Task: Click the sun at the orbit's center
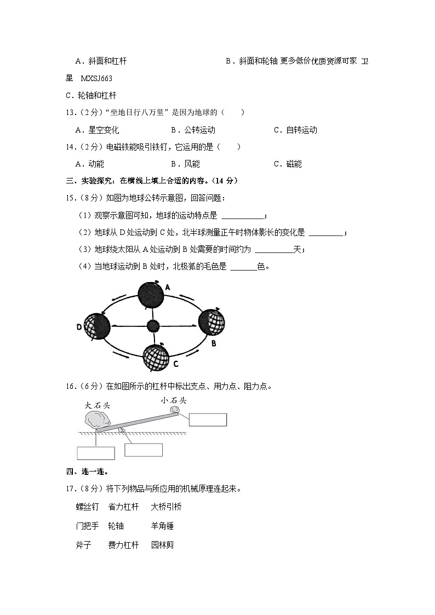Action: (152, 326)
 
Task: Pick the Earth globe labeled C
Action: (156, 357)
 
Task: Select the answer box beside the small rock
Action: (208, 419)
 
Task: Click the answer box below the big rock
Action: (96, 453)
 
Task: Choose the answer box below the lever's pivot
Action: (144, 450)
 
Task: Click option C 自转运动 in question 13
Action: (295, 130)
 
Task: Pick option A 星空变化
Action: (97, 130)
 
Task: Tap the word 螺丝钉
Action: (87, 507)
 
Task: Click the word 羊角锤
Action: (162, 526)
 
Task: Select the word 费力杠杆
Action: (123, 545)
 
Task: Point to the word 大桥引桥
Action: (166, 507)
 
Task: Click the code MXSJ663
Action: (96, 78)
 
